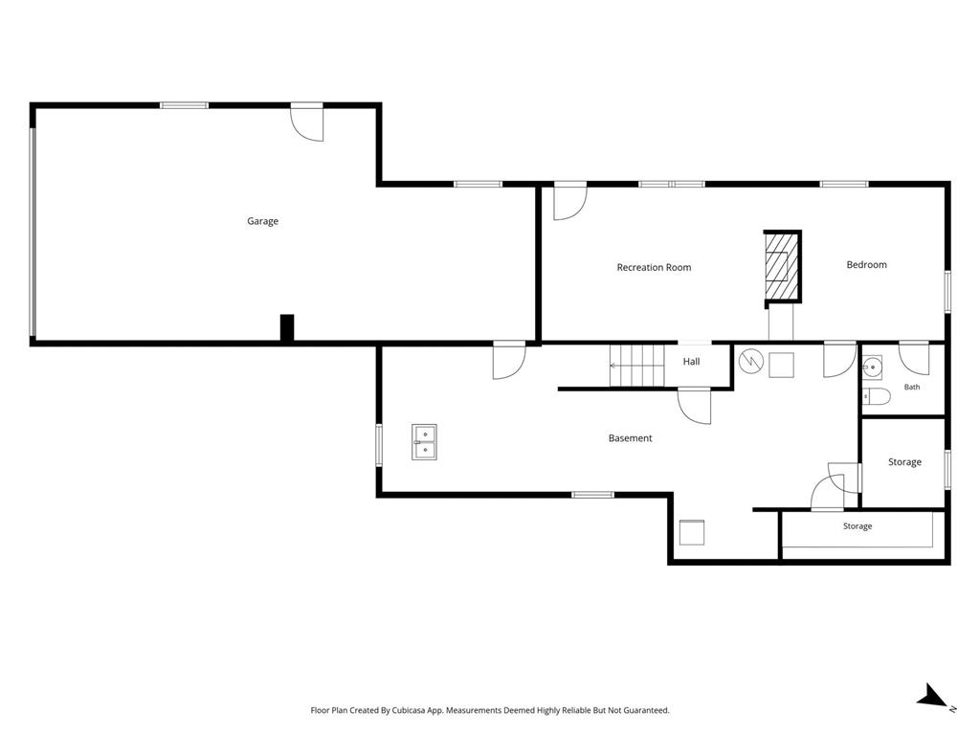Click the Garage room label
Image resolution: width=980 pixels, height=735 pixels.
(262, 221)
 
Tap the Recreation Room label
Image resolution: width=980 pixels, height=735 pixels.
(654, 268)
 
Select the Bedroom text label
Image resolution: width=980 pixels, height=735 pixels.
(866, 265)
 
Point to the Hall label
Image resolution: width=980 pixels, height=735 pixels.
(691, 361)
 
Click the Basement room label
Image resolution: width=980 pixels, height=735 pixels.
(630, 438)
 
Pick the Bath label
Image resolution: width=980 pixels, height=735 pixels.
(912, 387)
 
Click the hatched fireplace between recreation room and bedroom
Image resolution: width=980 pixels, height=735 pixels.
(783, 267)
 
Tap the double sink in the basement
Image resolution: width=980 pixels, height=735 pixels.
(424, 442)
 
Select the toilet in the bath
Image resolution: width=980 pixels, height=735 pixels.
(877, 396)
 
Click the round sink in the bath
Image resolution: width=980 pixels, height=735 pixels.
(873, 368)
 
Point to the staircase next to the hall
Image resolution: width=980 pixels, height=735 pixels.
(636, 366)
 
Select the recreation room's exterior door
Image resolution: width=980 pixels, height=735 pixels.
(570, 201)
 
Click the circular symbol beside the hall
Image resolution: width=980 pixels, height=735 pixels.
(750, 361)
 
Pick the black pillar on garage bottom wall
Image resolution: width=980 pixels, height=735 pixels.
(287, 328)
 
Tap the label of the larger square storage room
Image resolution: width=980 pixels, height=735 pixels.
(904, 462)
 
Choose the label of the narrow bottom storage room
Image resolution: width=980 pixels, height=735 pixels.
(857, 526)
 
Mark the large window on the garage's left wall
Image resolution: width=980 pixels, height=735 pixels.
(33, 232)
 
